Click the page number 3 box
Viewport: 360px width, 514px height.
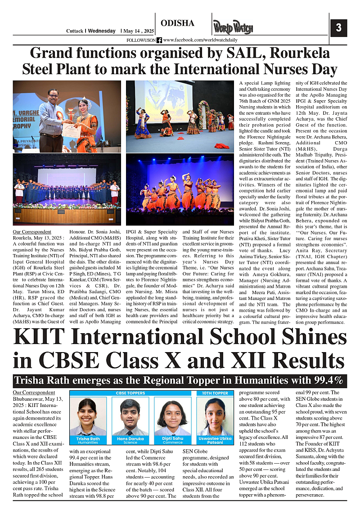pyautogui.click(x=338, y=27)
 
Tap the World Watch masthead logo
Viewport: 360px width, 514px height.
pyautogui.click(x=233, y=28)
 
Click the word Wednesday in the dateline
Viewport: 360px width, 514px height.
pyautogui.click(x=102, y=31)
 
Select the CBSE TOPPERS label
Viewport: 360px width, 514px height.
pyautogui.click(x=131, y=393)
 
